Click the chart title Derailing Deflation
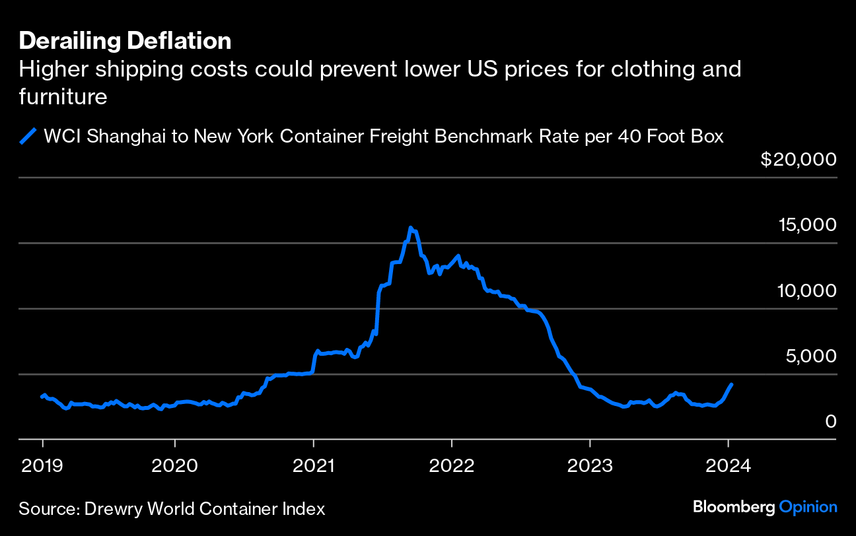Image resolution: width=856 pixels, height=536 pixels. (x=125, y=42)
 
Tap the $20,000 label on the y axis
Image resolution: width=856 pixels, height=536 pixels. (x=799, y=160)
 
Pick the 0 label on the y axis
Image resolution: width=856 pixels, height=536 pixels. (x=831, y=421)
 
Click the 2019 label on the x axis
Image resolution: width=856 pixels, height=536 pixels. (x=43, y=465)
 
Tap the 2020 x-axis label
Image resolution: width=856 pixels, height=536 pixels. (x=174, y=465)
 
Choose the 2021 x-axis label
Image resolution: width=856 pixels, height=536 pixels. (x=314, y=465)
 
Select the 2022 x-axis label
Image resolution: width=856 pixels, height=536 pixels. (x=452, y=465)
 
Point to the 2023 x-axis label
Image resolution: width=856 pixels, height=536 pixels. (x=590, y=465)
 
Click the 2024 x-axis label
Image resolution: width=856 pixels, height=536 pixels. (x=728, y=465)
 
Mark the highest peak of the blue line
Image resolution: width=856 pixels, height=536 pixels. (x=411, y=228)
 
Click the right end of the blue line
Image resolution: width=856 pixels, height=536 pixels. (x=731, y=384)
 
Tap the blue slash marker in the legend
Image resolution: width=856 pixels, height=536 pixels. (x=28, y=137)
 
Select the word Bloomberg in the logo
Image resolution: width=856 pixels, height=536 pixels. (x=734, y=507)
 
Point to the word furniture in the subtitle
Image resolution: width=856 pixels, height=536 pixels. (x=63, y=98)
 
